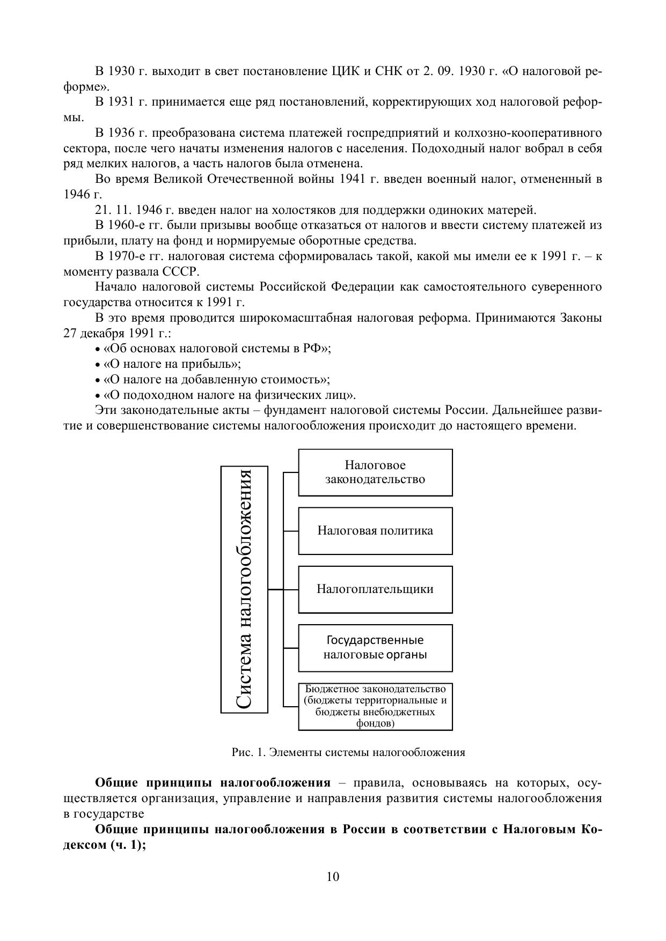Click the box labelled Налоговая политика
pos(375,531)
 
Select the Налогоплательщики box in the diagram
pos(375,589)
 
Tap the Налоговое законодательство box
pos(375,472)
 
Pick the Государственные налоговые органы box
pos(375,647)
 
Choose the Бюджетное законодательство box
pos(375,706)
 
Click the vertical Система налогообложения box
pos(244,589)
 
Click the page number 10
pos(333,877)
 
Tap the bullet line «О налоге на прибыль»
pos(172,364)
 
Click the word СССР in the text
pos(180,271)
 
